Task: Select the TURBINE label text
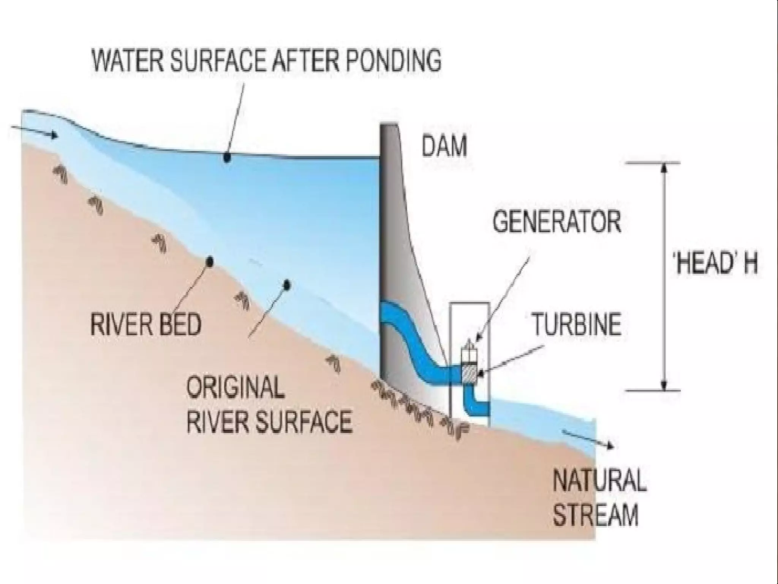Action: coord(577,324)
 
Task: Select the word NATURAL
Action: coord(599,481)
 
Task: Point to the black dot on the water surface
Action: coord(227,157)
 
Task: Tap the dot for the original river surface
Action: coord(287,284)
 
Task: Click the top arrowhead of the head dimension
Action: coord(664,169)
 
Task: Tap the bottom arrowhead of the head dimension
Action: coord(664,385)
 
